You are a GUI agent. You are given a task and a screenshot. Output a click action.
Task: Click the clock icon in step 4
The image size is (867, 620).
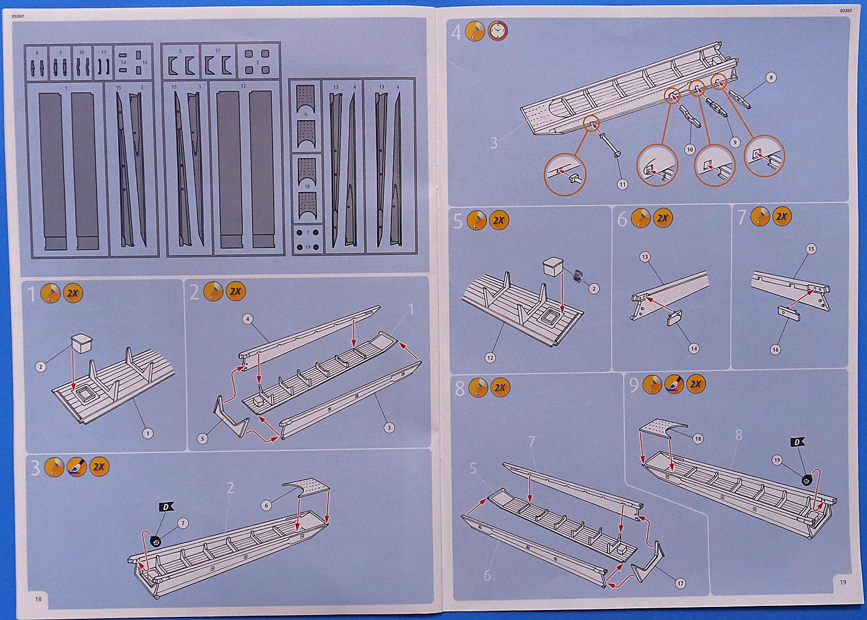497,30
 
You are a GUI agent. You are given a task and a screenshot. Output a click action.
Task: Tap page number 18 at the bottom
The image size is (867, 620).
38,598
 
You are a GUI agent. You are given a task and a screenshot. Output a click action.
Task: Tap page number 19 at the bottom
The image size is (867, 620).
843,582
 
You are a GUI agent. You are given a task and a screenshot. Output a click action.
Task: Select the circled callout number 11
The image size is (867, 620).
622,184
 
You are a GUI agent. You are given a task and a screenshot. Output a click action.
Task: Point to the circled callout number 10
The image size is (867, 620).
690,150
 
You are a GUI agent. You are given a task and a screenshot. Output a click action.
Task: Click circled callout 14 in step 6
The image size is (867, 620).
694,348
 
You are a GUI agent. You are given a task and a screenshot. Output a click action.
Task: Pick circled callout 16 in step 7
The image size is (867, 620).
775,350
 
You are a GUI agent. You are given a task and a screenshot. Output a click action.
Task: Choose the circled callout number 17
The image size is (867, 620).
681,583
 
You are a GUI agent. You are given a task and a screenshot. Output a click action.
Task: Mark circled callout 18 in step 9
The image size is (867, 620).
698,439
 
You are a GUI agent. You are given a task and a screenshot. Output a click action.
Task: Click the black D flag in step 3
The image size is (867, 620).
166,507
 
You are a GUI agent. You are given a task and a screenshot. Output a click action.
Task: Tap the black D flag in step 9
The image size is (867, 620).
798,442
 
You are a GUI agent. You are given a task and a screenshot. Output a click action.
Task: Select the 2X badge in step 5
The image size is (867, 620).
499,220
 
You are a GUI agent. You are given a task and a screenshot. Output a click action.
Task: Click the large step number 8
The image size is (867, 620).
460,389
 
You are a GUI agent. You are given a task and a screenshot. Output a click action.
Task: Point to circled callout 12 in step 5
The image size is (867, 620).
490,358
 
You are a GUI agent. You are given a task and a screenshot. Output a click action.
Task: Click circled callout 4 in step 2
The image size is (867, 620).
247,319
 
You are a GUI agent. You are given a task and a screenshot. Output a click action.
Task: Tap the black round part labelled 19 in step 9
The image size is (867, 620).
806,480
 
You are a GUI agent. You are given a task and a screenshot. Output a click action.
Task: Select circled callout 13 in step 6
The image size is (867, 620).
645,257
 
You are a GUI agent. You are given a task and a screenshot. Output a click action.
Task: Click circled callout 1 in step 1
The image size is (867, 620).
147,433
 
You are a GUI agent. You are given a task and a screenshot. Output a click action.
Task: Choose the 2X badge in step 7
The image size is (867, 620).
782,217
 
